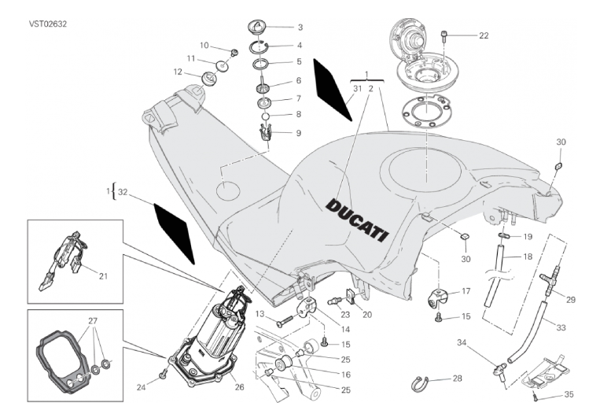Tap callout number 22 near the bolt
coord(484,35)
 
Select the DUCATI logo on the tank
coord(357,218)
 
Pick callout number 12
coord(179,72)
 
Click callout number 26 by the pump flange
coord(240,386)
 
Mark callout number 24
coord(142,386)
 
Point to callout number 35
coord(570,394)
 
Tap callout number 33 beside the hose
coord(561,327)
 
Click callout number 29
coord(571,300)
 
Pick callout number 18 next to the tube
coord(528,257)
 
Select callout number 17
coord(466,291)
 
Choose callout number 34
coord(462,343)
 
